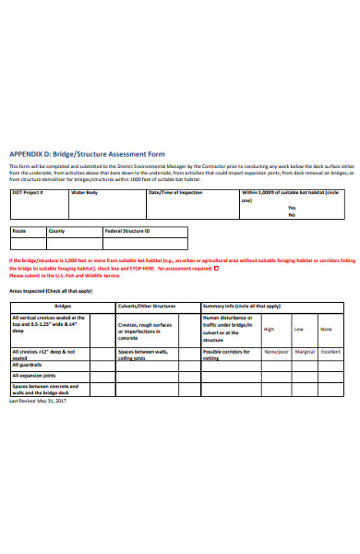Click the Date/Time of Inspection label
[175, 192]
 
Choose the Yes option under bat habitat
[292, 208]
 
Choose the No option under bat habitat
[292, 215]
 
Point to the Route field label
[19, 231]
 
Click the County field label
[57, 231]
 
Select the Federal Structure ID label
[127, 231]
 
